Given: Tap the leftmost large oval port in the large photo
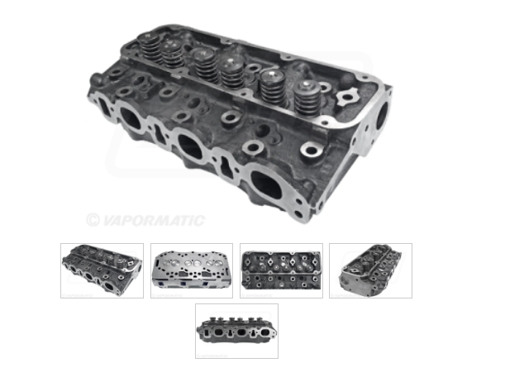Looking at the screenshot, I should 130,118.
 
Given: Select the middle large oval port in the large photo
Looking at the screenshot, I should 189,147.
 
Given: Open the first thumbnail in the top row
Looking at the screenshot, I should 102,270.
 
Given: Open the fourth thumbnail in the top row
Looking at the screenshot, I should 369,270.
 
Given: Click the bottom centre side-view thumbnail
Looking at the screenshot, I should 236,331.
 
